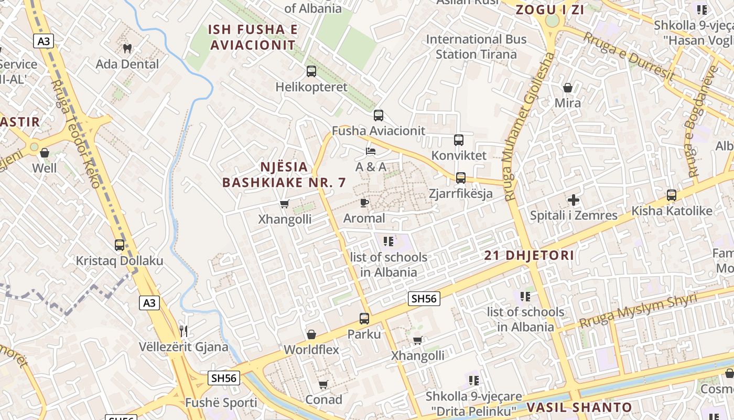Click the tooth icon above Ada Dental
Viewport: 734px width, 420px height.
(x=127, y=48)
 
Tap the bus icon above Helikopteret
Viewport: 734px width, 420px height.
(x=311, y=71)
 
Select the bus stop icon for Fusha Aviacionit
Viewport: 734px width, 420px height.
(x=379, y=115)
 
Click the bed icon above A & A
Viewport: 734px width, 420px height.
(x=371, y=151)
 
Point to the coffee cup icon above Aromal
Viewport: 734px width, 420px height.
(x=364, y=202)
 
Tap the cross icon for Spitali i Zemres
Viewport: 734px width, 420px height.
(x=574, y=199)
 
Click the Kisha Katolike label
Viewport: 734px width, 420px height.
(x=672, y=211)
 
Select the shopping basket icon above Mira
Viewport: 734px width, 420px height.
(x=568, y=87)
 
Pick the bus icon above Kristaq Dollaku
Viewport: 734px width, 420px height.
(x=120, y=245)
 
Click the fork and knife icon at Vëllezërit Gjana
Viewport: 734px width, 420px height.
(x=183, y=331)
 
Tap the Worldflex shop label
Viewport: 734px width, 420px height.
(x=311, y=350)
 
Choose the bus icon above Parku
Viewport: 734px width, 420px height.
(x=364, y=318)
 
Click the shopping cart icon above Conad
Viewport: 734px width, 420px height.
(x=323, y=384)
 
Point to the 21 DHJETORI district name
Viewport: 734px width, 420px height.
(x=529, y=256)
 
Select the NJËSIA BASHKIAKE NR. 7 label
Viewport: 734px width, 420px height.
(x=284, y=175)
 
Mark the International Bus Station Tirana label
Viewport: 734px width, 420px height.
(x=476, y=47)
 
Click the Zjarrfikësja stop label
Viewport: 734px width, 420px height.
(x=461, y=193)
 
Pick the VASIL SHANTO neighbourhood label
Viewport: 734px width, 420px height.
(x=579, y=407)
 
